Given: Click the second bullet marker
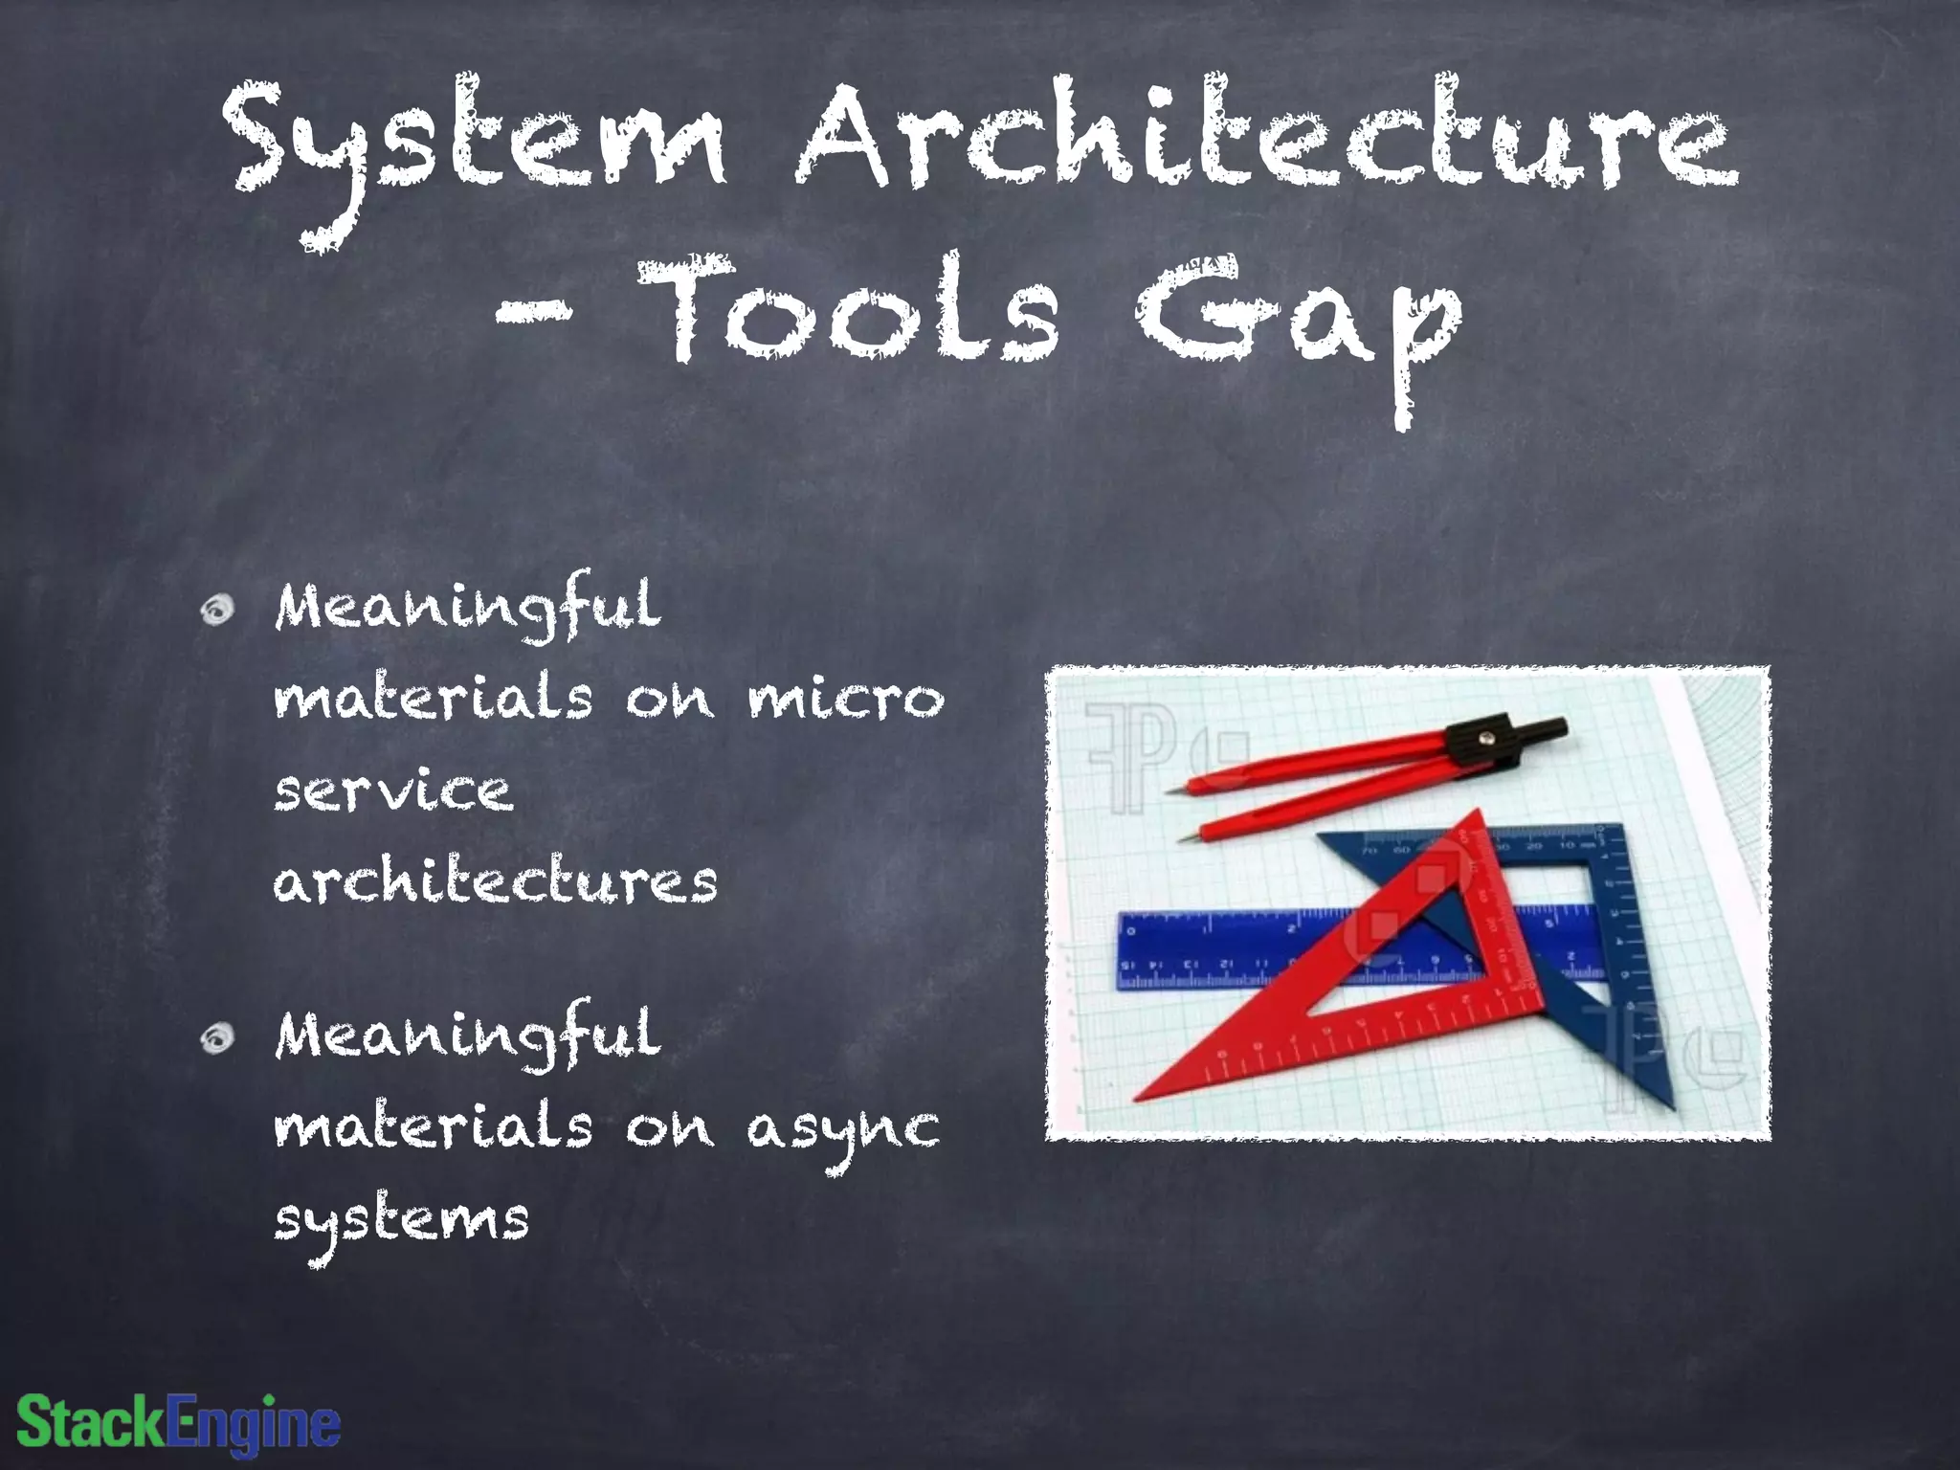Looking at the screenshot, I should point(218,1036).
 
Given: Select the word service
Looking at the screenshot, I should point(392,791).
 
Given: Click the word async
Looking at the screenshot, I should point(842,1129).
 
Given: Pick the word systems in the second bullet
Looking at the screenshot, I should point(402,1220).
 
